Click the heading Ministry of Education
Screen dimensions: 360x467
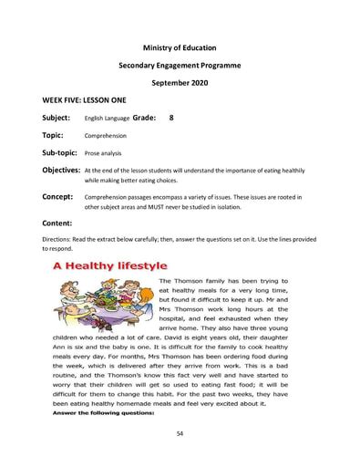tap(180, 46)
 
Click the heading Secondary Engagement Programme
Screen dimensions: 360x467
tap(180, 67)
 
